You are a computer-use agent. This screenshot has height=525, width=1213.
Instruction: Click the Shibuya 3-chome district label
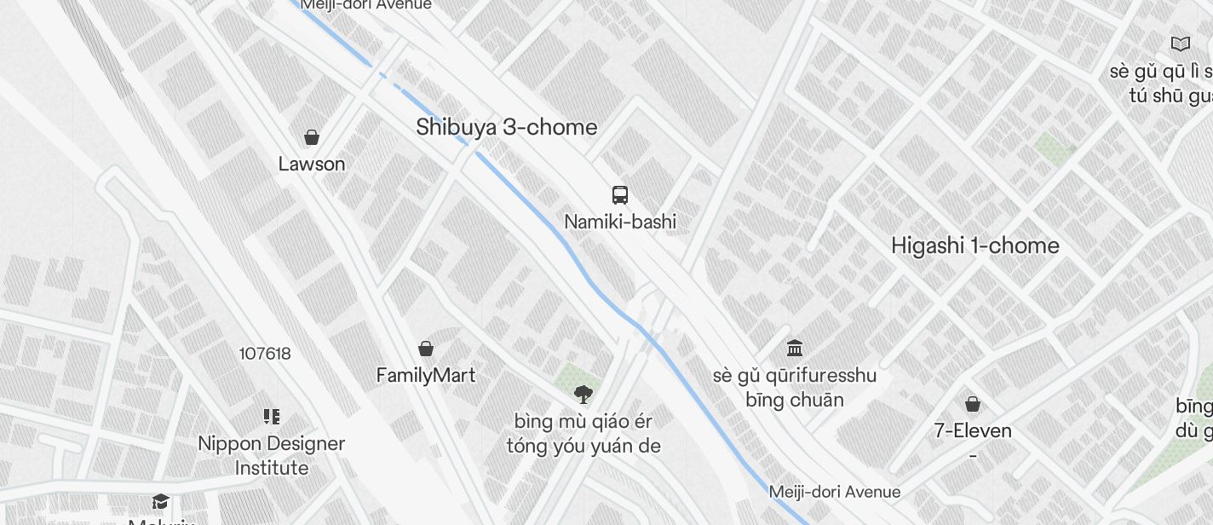506,128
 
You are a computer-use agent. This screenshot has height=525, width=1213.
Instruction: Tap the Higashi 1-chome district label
974,246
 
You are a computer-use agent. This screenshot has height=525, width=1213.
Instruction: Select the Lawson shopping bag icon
312,137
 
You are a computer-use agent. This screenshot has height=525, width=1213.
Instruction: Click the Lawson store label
312,164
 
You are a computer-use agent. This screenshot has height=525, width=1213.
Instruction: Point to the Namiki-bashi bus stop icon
620,195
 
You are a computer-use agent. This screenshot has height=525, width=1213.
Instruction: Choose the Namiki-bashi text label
620,222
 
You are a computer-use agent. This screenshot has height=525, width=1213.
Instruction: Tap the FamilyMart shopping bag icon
426,349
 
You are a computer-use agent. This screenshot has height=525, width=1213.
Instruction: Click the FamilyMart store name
426,375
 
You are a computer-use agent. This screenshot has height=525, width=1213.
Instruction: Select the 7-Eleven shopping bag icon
973,404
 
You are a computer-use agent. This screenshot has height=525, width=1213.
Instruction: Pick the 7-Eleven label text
973,430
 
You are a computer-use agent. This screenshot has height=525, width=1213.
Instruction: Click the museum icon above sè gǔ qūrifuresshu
795,348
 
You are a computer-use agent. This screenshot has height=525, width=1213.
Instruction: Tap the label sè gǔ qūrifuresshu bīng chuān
795,388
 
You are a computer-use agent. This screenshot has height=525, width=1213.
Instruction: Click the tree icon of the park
584,394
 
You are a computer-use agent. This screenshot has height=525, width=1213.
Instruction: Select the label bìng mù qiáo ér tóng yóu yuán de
584,434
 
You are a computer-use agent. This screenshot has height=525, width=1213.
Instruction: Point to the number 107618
265,354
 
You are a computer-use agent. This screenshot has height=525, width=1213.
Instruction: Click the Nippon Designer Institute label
272,456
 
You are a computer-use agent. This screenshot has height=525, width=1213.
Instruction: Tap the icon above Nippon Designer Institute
272,417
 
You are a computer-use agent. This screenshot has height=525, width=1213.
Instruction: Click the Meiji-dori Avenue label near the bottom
834,492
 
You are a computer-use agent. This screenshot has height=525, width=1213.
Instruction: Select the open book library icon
1181,43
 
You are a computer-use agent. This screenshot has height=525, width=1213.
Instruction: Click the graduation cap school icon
160,501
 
